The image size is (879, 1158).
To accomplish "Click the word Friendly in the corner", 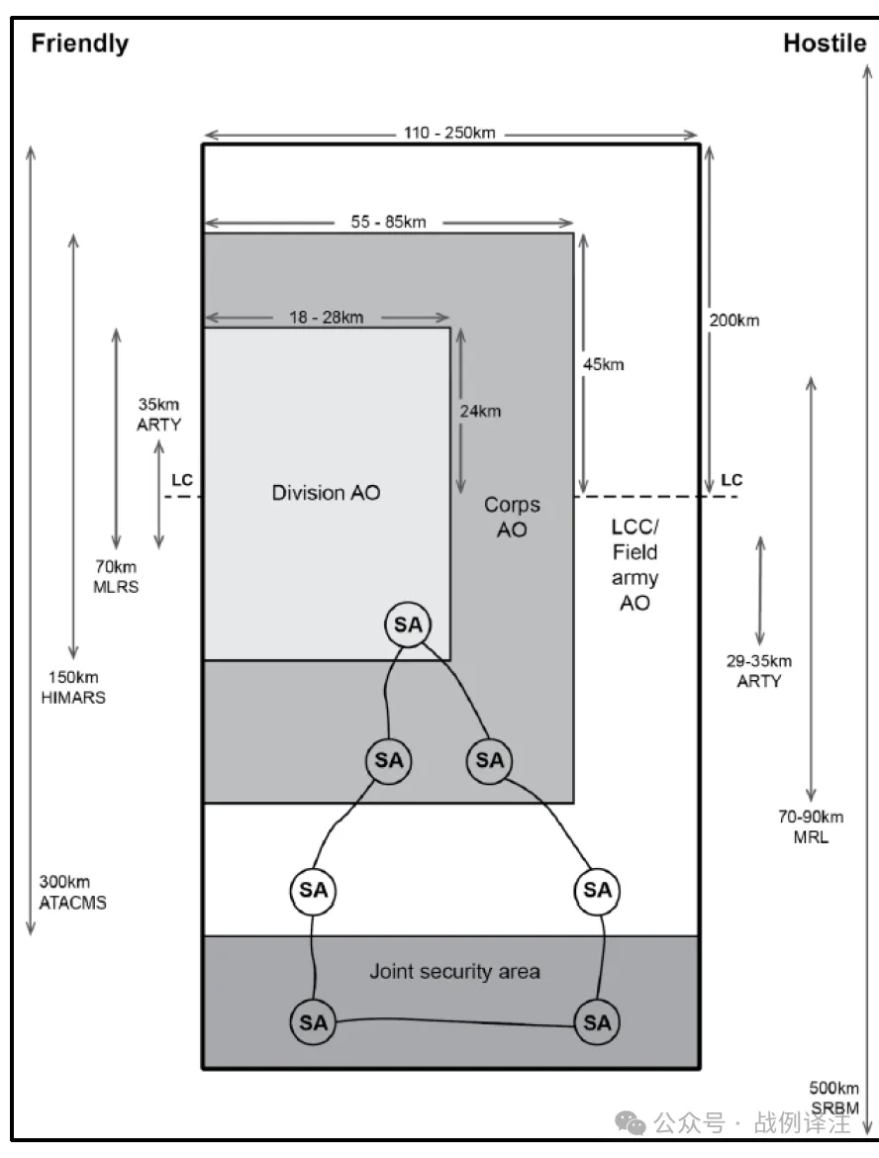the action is coord(80,44).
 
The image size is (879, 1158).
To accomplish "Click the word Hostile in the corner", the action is coord(825,44).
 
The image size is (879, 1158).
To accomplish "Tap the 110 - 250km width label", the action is coord(449,133).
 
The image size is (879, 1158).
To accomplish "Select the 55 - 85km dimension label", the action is coord(389,222).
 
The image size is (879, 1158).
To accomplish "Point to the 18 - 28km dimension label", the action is coord(326,317).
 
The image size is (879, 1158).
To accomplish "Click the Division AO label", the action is coord(326,493).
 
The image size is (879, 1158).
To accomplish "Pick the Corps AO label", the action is coord(512,517).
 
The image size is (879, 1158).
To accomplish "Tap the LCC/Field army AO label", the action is coord(635,564).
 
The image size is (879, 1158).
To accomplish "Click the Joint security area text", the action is coord(454,971).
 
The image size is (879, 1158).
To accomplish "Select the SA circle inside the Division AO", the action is coord(408,625).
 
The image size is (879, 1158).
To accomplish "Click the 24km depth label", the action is coord(480,412).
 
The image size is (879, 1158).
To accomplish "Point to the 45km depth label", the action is coord(604,364).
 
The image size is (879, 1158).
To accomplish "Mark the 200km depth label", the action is coord(734,321).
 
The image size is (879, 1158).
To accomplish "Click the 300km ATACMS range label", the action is coord(72,892).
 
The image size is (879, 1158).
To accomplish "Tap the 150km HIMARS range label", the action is coord(73,687).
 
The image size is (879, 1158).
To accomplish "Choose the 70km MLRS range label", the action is coord(116,576).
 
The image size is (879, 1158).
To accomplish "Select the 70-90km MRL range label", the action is coord(811,826).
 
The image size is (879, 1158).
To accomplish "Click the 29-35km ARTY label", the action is coord(758,671).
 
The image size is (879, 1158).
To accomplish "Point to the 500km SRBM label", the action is coord(833,1098).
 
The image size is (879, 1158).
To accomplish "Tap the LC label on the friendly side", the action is coord(182,480).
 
